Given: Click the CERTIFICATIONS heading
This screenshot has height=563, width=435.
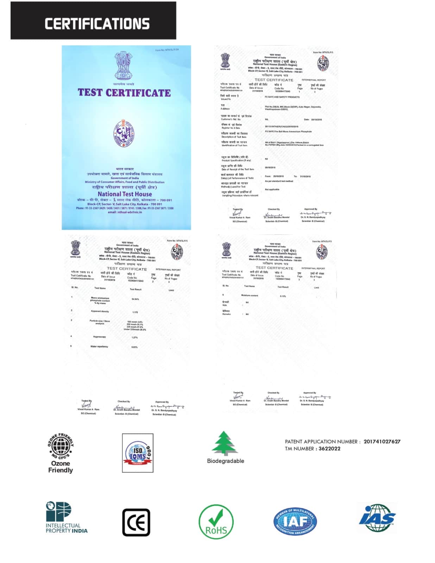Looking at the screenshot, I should click(97, 24).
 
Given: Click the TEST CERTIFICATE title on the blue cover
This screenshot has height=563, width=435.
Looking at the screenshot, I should click(124, 93).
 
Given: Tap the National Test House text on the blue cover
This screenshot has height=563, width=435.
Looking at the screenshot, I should click(125, 194).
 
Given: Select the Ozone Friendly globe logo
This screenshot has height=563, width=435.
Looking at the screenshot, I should click(61, 446).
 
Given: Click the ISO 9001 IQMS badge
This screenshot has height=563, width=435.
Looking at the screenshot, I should click(138, 453).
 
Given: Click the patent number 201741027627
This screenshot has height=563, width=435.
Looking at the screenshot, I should click(382, 442).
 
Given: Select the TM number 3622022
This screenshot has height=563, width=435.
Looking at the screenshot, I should click(329, 449).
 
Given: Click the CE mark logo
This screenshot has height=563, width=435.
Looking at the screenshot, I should click(136, 522).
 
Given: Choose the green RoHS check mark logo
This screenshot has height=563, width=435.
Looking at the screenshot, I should click(216, 522).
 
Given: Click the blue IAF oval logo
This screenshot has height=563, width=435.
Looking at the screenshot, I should click(295, 521).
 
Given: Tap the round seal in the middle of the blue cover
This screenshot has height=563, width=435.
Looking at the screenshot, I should click(124, 133).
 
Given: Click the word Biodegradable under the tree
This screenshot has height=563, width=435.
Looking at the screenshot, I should click(225, 461).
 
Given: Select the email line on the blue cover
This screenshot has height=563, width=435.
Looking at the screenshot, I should click(125, 212).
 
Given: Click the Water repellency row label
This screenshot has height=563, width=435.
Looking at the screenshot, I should click(99, 347).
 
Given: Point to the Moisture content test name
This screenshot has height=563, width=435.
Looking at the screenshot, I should click(250, 296).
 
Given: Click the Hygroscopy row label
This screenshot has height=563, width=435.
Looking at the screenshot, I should click(99, 337).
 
